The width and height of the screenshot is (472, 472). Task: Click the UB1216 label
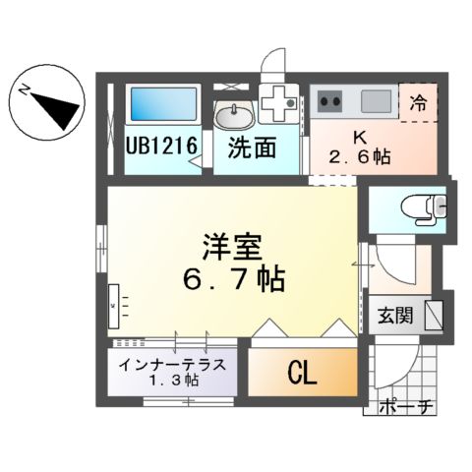(x=163, y=147)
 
